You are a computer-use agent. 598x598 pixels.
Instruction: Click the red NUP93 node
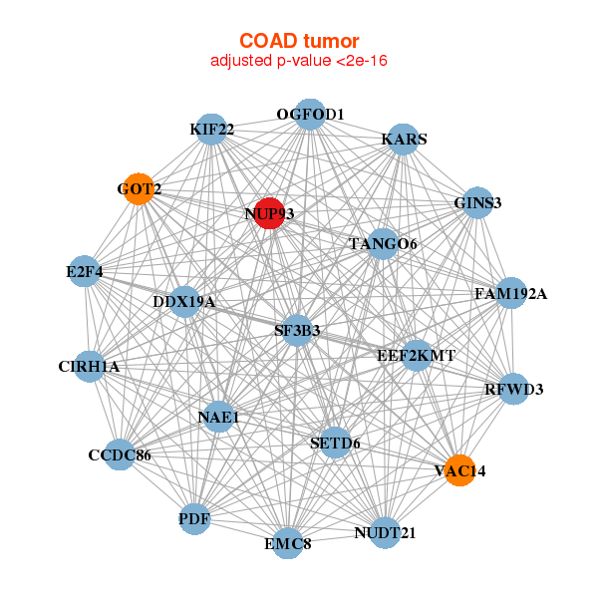pyautogui.click(x=270, y=213)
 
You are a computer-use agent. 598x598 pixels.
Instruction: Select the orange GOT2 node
pyautogui.click(x=139, y=188)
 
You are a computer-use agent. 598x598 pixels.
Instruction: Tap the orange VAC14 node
pyautogui.click(x=460, y=470)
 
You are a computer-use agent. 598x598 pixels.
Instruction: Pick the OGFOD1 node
pyautogui.click(x=310, y=115)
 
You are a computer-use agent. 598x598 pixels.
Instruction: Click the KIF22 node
pyautogui.click(x=211, y=130)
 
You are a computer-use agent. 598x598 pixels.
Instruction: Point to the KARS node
pyautogui.click(x=404, y=140)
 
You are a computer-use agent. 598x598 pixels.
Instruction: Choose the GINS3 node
pyautogui.click(x=477, y=202)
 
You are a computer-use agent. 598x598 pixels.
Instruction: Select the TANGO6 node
pyautogui.click(x=383, y=244)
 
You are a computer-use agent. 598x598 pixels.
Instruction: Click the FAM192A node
pyautogui.click(x=511, y=293)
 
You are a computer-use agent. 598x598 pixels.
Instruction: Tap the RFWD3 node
pyautogui.click(x=513, y=389)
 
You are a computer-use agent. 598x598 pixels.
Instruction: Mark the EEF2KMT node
pyautogui.click(x=417, y=356)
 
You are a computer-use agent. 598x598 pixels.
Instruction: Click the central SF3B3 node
pyautogui.click(x=297, y=331)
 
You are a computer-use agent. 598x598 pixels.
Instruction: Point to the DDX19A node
pyautogui.click(x=184, y=302)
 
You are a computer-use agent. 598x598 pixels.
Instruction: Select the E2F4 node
pyautogui.click(x=85, y=271)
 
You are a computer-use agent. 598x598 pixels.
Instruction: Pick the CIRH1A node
pyautogui.click(x=90, y=367)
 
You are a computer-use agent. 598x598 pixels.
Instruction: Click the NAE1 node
pyautogui.click(x=219, y=417)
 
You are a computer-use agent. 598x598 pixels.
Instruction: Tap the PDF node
pyautogui.click(x=194, y=519)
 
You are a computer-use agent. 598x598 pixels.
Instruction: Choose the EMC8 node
pyautogui.click(x=288, y=543)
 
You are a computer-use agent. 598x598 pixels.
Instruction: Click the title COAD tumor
pyautogui.click(x=299, y=41)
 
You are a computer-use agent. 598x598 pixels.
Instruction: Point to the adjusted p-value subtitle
pyautogui.click(x=299, y=61)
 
